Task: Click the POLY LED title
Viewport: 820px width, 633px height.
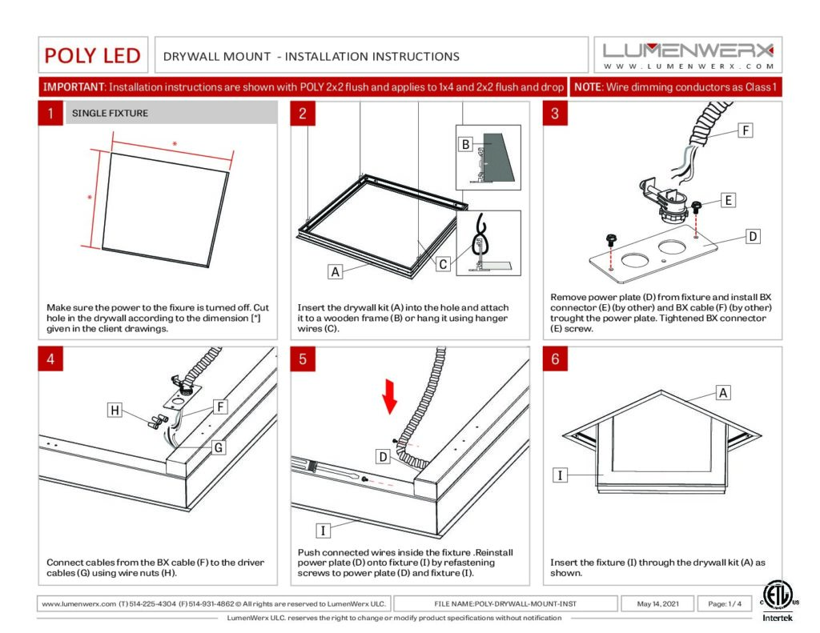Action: (93, 55)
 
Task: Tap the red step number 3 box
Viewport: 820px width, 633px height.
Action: (555, 114)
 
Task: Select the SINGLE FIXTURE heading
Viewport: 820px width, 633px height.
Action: (110, 114)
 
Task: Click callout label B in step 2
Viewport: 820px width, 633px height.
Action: (465, 144)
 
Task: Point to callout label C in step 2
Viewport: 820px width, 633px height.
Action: (443, 264)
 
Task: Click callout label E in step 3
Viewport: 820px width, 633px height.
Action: (728, 200)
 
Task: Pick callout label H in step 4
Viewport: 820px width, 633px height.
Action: (115, 411)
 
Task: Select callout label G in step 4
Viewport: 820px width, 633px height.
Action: (219, 447)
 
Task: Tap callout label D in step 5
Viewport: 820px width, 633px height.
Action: (384, 457)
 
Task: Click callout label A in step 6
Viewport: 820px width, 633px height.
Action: (723, 393)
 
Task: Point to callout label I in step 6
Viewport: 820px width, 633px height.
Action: (560, 475)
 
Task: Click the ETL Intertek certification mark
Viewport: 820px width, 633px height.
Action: (777, 602)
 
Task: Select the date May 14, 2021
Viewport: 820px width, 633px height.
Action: (658, 603)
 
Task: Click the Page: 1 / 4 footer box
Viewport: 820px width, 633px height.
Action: (725, 603)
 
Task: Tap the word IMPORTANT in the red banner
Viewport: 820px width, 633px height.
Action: (74, 86)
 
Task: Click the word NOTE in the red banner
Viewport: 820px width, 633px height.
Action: (588, 86)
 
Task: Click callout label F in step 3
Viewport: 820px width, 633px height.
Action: (746, 130)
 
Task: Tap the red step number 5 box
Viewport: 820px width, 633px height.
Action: (303, 359)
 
